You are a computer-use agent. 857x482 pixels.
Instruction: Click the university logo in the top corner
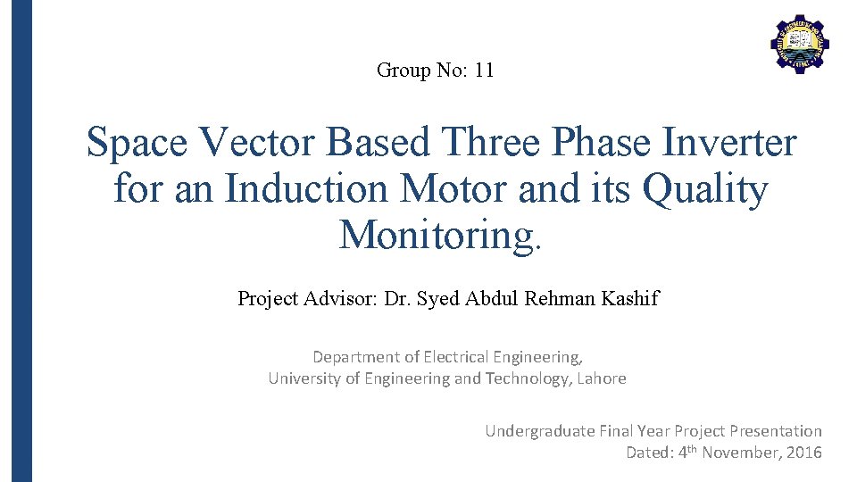click(799, 44)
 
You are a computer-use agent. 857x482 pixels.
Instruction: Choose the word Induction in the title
click(307, 189)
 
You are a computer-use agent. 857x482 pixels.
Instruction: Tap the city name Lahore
click(602, 378)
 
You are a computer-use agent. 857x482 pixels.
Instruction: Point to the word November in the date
click(737, 453)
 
